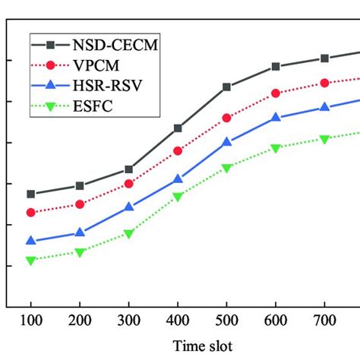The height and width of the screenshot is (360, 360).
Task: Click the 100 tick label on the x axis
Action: (x=31, y=323)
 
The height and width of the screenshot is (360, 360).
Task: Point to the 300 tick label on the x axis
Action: (x=129, y=323)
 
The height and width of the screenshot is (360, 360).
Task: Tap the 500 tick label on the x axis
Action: (x=227, y=323)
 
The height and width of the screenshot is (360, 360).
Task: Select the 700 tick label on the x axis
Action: (x=325, y=323)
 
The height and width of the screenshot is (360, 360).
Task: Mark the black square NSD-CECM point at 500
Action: (x=227, y=87)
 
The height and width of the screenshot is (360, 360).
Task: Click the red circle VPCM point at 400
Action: (x=178, y=151)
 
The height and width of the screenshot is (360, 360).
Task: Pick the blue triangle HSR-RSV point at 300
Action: (x=129, y=207)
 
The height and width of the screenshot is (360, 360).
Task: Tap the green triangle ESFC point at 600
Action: (x=276, y=148)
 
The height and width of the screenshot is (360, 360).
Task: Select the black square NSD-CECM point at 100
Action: (x=31, y=194)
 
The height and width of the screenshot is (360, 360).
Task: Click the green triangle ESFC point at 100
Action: (x=31, y=261)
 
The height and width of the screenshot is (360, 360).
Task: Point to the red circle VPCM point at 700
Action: (x=325, y=83)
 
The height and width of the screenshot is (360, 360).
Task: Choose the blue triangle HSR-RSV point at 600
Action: (x=276, y=118)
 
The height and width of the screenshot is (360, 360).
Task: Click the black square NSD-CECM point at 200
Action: (x=80, y=185)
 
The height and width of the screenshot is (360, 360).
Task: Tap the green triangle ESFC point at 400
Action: (x=178, y=197)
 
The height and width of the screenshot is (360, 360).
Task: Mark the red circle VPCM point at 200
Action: (x=80, y=204)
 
